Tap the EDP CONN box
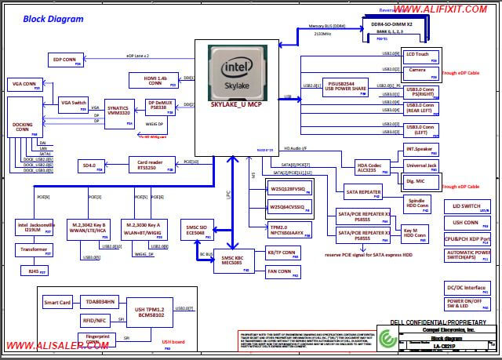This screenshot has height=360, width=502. (66, 60)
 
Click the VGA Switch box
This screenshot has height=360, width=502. (75, 103)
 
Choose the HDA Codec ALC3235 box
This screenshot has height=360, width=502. (369, 167)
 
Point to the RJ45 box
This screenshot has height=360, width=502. (34, 271)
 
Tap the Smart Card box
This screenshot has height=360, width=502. (57, 302)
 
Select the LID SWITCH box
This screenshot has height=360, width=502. (467, 207)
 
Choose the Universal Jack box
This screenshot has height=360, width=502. (421, 166)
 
